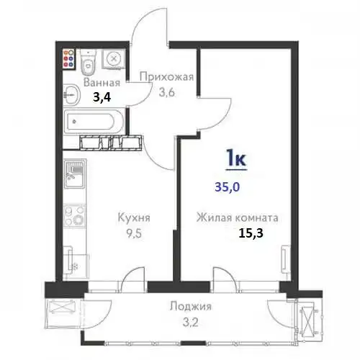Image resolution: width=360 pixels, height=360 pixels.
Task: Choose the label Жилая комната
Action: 238,217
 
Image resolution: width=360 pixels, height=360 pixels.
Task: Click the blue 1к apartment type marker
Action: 237,158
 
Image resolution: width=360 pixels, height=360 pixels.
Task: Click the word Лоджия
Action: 186,306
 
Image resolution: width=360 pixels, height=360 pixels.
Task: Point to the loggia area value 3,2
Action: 186,320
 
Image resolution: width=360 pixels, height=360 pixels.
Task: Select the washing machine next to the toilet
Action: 112,60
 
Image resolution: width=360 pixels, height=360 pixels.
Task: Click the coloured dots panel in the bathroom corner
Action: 69,58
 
